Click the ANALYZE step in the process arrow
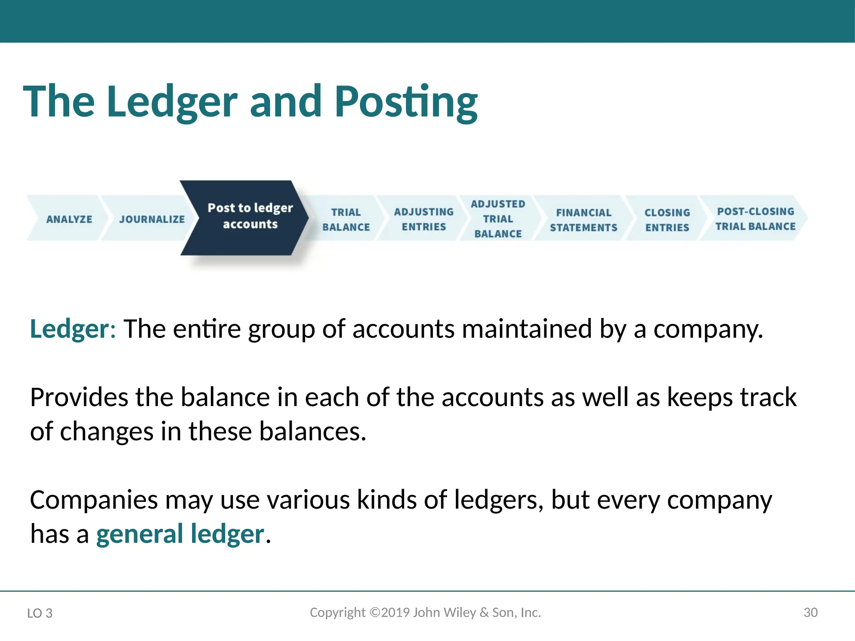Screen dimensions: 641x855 pos(69,219)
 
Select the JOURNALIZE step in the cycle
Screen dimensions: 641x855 pos(152,219)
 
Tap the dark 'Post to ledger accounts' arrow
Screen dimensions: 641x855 pos(250,216)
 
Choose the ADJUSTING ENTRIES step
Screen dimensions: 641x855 pos(423,219)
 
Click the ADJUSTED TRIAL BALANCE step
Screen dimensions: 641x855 pos(498,219)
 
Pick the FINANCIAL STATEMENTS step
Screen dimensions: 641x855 pos(583,220)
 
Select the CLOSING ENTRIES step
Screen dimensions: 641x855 pos(667,220)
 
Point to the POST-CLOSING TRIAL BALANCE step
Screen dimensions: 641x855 pos(755,219)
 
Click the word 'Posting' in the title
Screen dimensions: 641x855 pos(406,102)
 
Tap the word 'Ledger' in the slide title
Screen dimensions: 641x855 pos(172,102)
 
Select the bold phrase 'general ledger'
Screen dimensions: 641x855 pos(180,534)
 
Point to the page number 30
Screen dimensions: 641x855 pos(810,613)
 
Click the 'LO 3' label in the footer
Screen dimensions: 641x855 pos(40,613)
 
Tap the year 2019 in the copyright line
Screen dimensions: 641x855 pos(395,612)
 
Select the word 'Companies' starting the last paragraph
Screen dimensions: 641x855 pos(94,500)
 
